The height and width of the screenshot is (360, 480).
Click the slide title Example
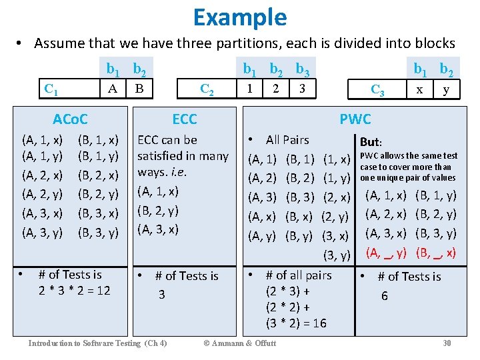[240, 17]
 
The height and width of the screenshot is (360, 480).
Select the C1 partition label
[50, 89]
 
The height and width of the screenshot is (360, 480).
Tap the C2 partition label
[207, 89]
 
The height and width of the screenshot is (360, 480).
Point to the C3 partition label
[377, 89]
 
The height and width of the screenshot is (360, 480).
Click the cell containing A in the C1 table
[113, 88]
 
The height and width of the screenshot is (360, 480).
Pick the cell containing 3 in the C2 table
[302, 88]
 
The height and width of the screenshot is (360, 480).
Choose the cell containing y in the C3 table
[446, 88]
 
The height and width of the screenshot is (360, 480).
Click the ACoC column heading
[70, 119]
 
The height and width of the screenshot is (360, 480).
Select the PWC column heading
[355, 119]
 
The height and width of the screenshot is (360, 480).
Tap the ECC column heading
[184, 119]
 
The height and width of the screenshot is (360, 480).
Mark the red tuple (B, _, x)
[435, 253]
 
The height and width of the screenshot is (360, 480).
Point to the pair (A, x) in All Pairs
[262, 217]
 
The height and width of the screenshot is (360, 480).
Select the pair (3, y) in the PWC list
[336, 255]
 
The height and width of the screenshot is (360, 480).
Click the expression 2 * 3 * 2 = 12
[75, 290]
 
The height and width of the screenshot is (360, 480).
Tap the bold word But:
[371, 142]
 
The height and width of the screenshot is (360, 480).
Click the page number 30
[447, 343]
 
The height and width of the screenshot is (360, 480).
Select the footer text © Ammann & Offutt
[239, 343]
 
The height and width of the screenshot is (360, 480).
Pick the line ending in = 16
[287, 323]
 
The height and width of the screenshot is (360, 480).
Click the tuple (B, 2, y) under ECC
[157, 210]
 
